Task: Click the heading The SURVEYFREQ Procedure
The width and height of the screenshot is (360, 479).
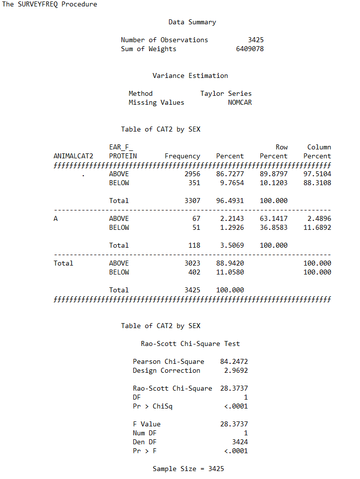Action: click(x=50, y=4)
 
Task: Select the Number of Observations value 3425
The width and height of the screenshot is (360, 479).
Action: click(x=255, y=40)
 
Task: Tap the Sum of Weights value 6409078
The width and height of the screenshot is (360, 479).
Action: click(x=249, y=49)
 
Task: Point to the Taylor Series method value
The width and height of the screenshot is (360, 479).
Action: click(x=226, y=93)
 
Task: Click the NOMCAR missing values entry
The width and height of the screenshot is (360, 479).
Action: click(x=240, y=102)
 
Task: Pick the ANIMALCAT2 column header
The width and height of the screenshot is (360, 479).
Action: click(x=73, y=156)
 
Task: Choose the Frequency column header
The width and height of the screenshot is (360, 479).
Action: click(x=182, y=156)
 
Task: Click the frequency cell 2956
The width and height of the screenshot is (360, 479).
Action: click(x=192, y=174)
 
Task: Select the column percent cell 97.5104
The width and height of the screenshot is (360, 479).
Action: click(x=317, y=174)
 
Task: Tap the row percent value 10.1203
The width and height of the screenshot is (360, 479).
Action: click(x=273, y=183)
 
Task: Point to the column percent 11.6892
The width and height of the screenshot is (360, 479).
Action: click(x=317, y=227)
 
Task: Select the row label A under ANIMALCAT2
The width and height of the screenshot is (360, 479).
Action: click(x=56, y=218)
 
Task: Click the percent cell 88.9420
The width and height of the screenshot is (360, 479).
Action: click(x=230, y=263)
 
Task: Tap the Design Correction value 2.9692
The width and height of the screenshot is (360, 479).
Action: click(x=236, y=370)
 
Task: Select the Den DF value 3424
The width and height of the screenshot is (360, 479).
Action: click(x=240, y=442)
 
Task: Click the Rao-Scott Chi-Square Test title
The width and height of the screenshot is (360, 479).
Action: click(x=190, y=343)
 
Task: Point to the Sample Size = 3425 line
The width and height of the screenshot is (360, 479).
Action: click(x=188, y=469)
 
